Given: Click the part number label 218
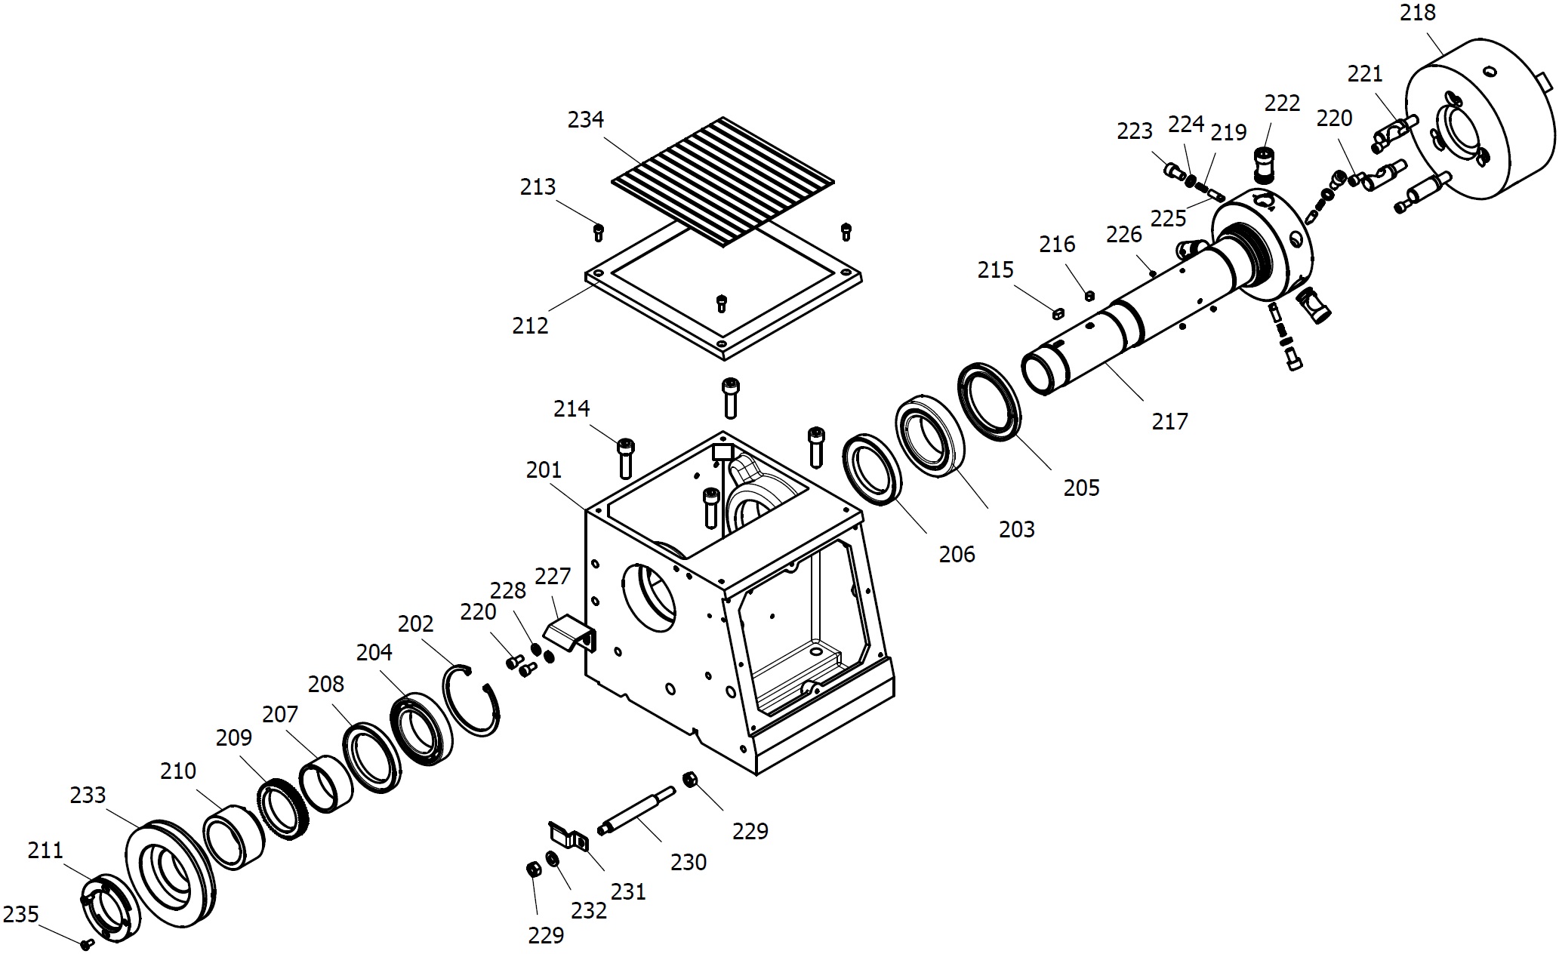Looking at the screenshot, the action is point(1417,13).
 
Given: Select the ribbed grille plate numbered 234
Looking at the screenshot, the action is point(723,181).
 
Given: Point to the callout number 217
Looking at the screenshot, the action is point(1169,421).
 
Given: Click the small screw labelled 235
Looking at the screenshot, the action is point(87,943).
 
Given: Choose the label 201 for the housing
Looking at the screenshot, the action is point(544,470).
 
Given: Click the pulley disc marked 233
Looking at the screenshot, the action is point(171,872).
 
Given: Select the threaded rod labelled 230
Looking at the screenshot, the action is point(637,811).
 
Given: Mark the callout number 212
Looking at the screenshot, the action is point(530,325).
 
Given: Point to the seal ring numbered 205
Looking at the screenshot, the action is point(990,402).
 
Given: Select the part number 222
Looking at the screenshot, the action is point(1282,103).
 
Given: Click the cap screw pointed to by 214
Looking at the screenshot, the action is point(625,457).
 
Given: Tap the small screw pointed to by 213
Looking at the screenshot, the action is point(599,231).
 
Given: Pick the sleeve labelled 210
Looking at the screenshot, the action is point(233,837).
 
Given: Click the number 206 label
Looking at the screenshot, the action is point(957,554).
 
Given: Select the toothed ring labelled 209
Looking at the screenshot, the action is point(283,809).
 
